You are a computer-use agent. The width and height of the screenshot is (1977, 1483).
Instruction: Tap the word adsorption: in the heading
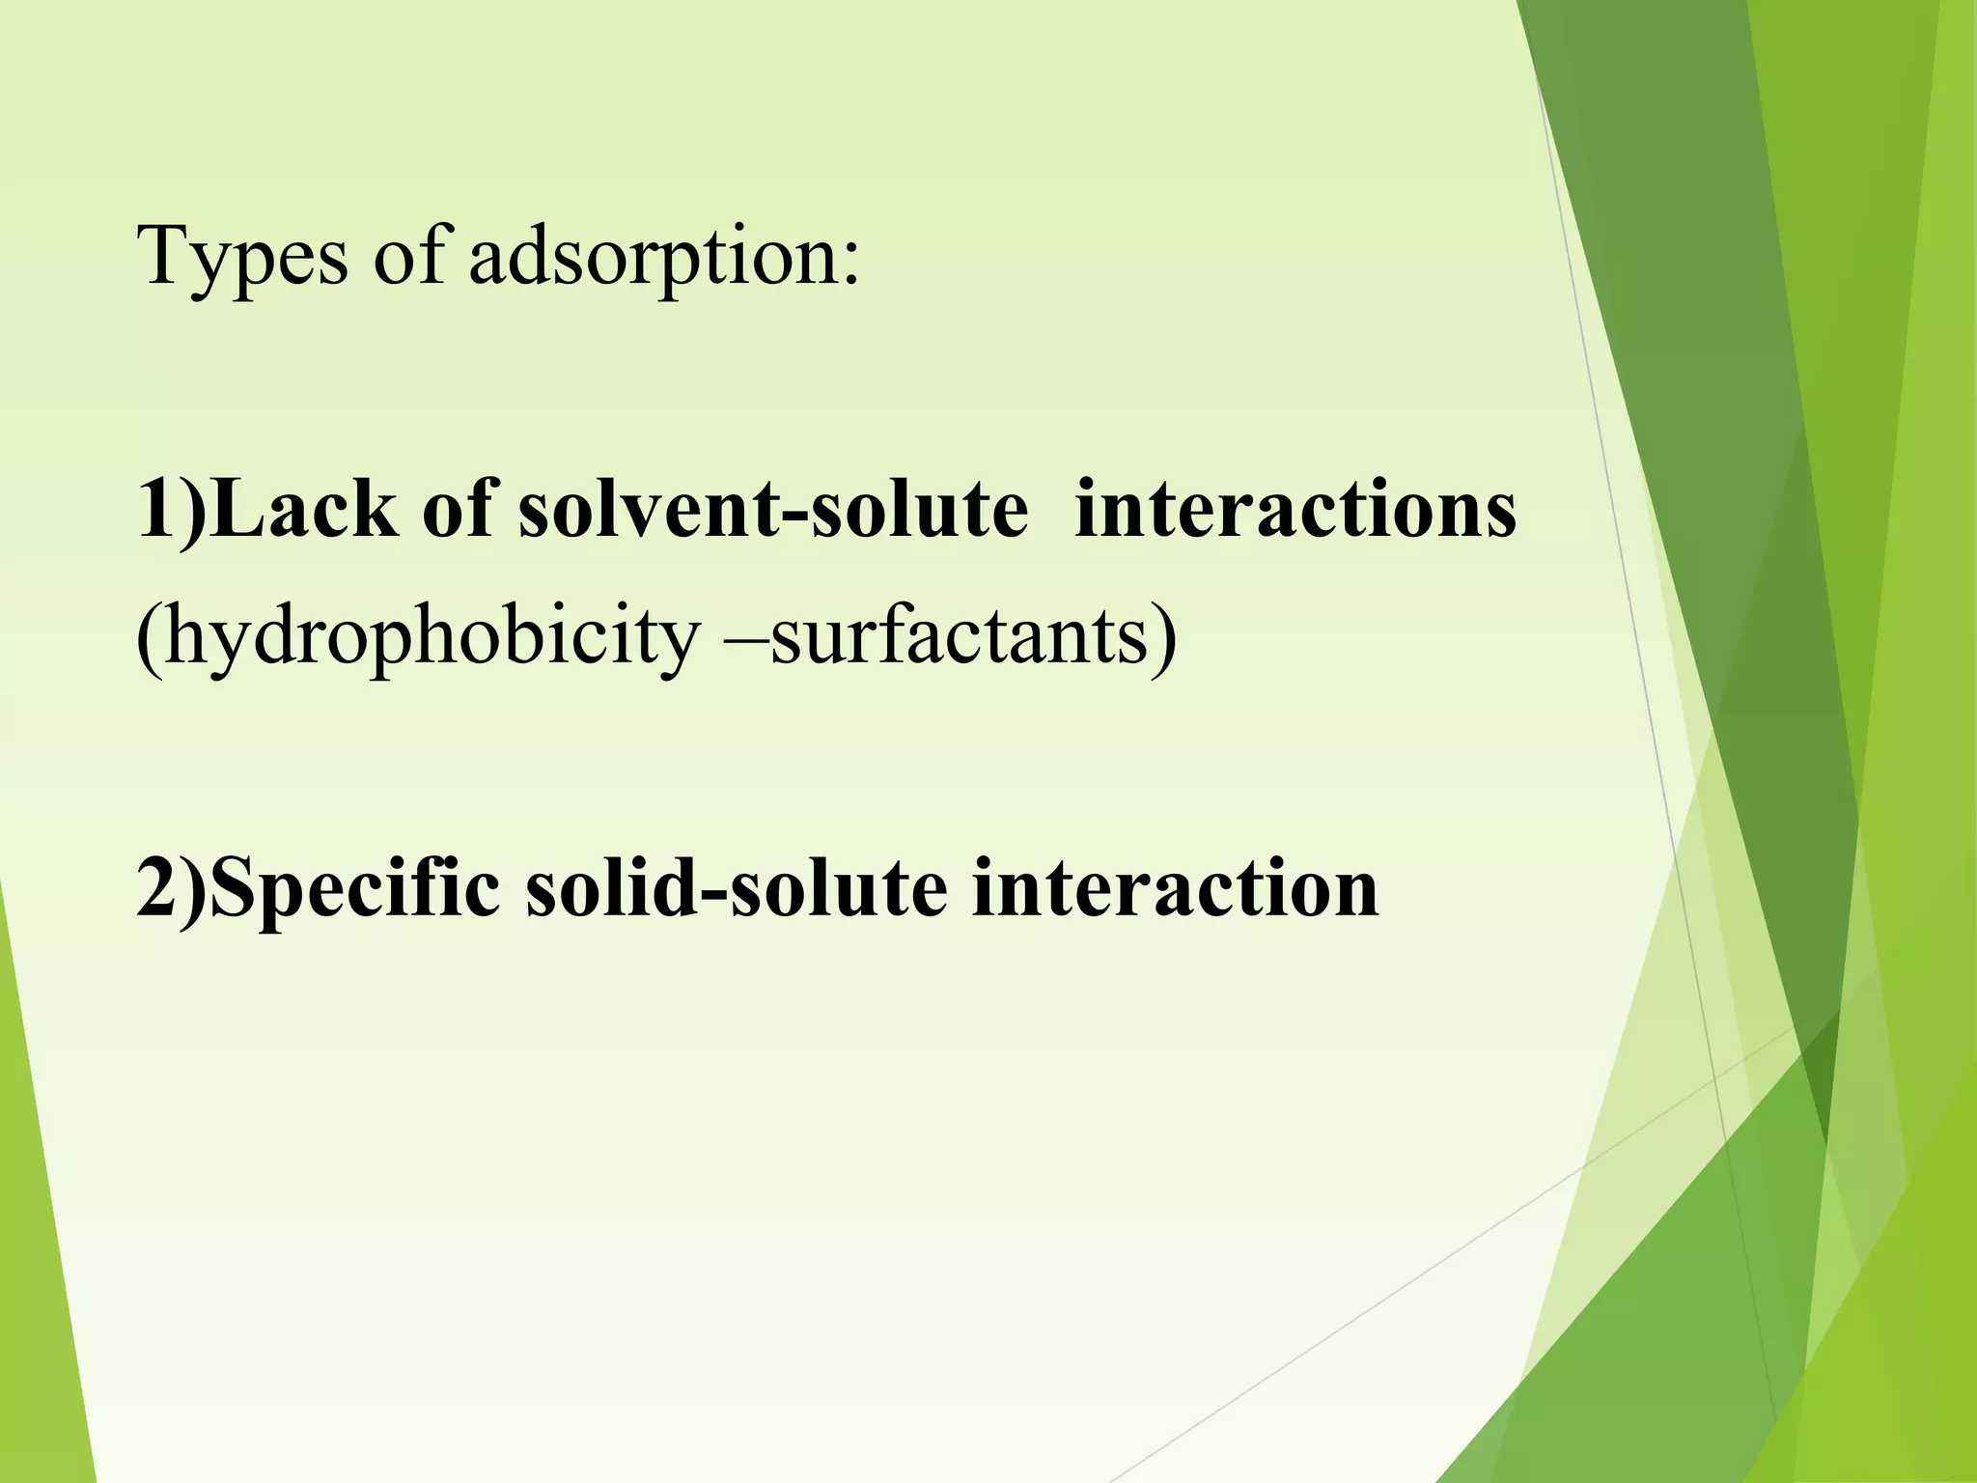pos(663,259)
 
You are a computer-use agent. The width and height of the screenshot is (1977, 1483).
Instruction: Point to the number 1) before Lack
pos(172,510)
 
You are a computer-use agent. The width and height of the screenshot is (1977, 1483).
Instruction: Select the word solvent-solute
pos(773,510)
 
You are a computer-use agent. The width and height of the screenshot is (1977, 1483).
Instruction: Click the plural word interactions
pos(1295,510)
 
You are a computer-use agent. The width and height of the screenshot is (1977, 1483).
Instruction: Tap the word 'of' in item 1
pos(458,510)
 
